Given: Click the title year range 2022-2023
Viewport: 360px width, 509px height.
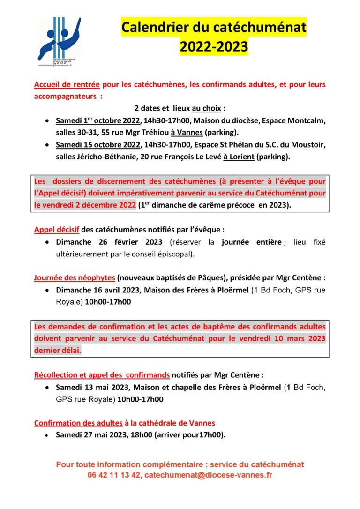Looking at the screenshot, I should pyautogui.click(x=214, y=46).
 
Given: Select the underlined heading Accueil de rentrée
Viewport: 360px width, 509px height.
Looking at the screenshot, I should pyautogui.click(x=67, y=85).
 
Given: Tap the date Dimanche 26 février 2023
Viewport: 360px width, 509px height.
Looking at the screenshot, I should pyautogui.click(x=109, y=242).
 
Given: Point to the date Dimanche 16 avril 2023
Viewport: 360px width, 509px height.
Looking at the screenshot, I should pyautogui.click(x=97, y=290).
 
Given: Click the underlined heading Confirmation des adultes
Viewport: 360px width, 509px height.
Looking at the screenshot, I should pyautogui.click(x=78, y=423).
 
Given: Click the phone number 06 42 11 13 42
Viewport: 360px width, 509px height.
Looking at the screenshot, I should pyautogui.click(x=114, y=475).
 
